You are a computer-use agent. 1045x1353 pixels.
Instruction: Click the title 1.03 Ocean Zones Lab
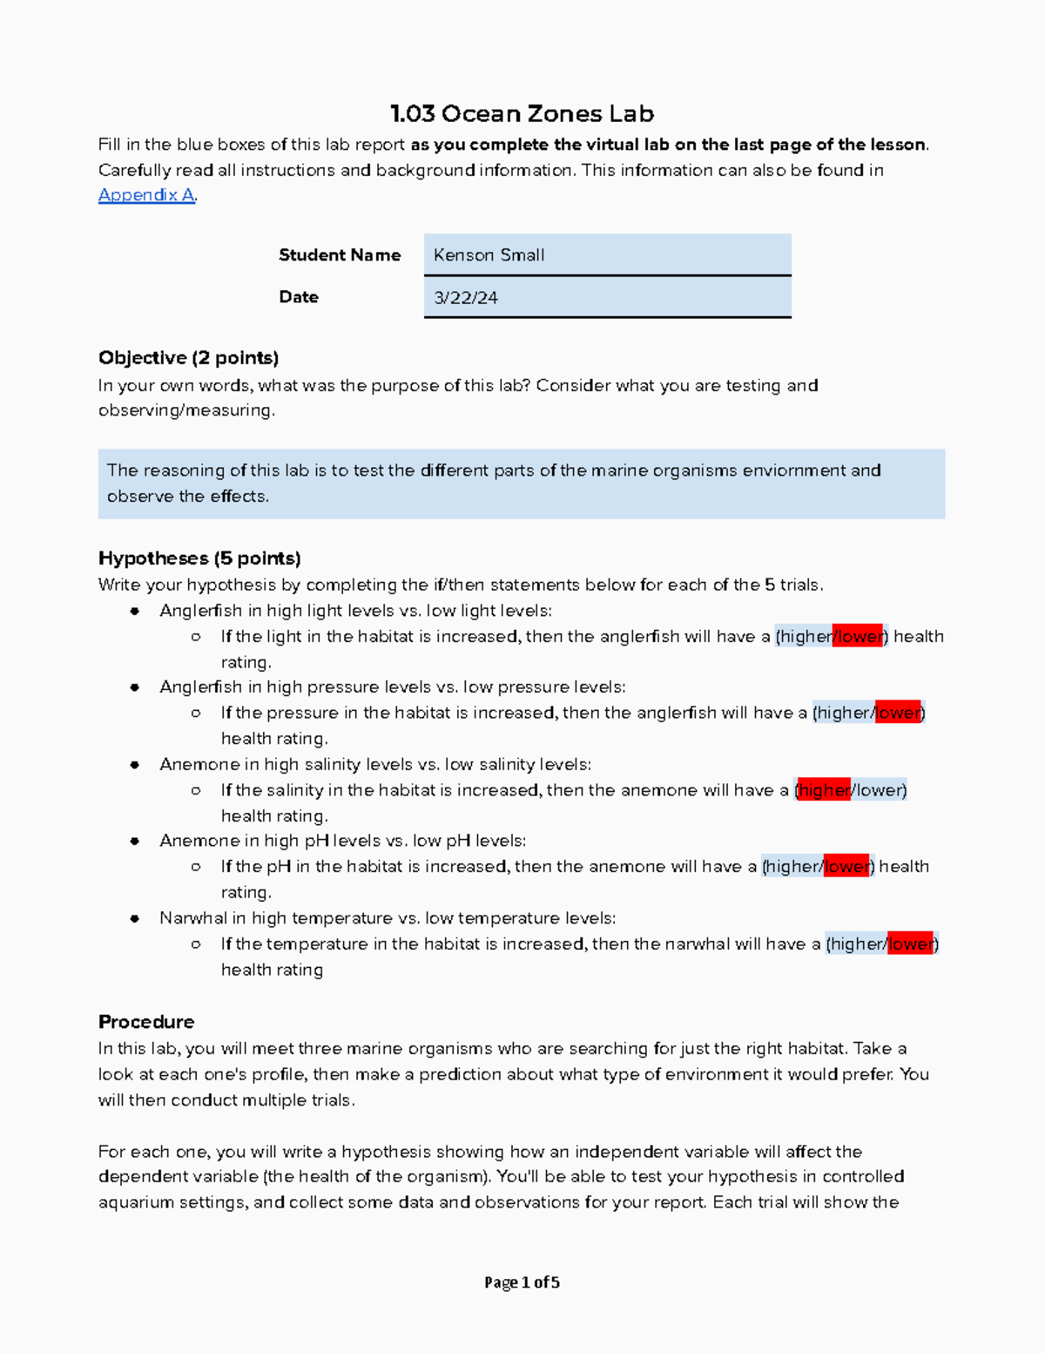pos(522,114)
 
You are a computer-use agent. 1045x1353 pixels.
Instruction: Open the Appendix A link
pos(146,195)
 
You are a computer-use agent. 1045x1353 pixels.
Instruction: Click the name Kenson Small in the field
pos(489,255)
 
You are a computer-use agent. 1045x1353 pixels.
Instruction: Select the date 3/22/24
pos(466,298)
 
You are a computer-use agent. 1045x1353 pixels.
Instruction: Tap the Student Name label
pos(340,255)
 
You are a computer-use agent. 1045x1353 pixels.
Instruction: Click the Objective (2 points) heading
pos(188,358)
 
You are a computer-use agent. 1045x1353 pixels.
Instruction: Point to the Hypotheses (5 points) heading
pos(199,558)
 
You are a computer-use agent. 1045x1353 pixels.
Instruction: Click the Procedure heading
pos(146,1022)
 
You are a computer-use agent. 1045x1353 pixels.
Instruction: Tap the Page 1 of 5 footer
pos(522,1282)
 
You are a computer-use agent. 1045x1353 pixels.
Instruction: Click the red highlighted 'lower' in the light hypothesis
pos(859,637)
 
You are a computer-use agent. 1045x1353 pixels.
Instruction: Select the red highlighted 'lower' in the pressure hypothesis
pos(898,714)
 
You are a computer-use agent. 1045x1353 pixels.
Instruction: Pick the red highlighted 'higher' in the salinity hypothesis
pos(824,791)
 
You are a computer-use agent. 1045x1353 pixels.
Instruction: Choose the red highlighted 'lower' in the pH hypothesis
pos(846,867)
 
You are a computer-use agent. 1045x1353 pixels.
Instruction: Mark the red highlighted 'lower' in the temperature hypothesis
pos(911,944)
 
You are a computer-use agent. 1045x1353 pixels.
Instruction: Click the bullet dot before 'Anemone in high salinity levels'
pos(135,765)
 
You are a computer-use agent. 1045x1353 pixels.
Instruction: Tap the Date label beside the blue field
pos(299,297)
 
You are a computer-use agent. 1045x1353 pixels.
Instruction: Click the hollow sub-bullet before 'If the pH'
pos(196,867)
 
